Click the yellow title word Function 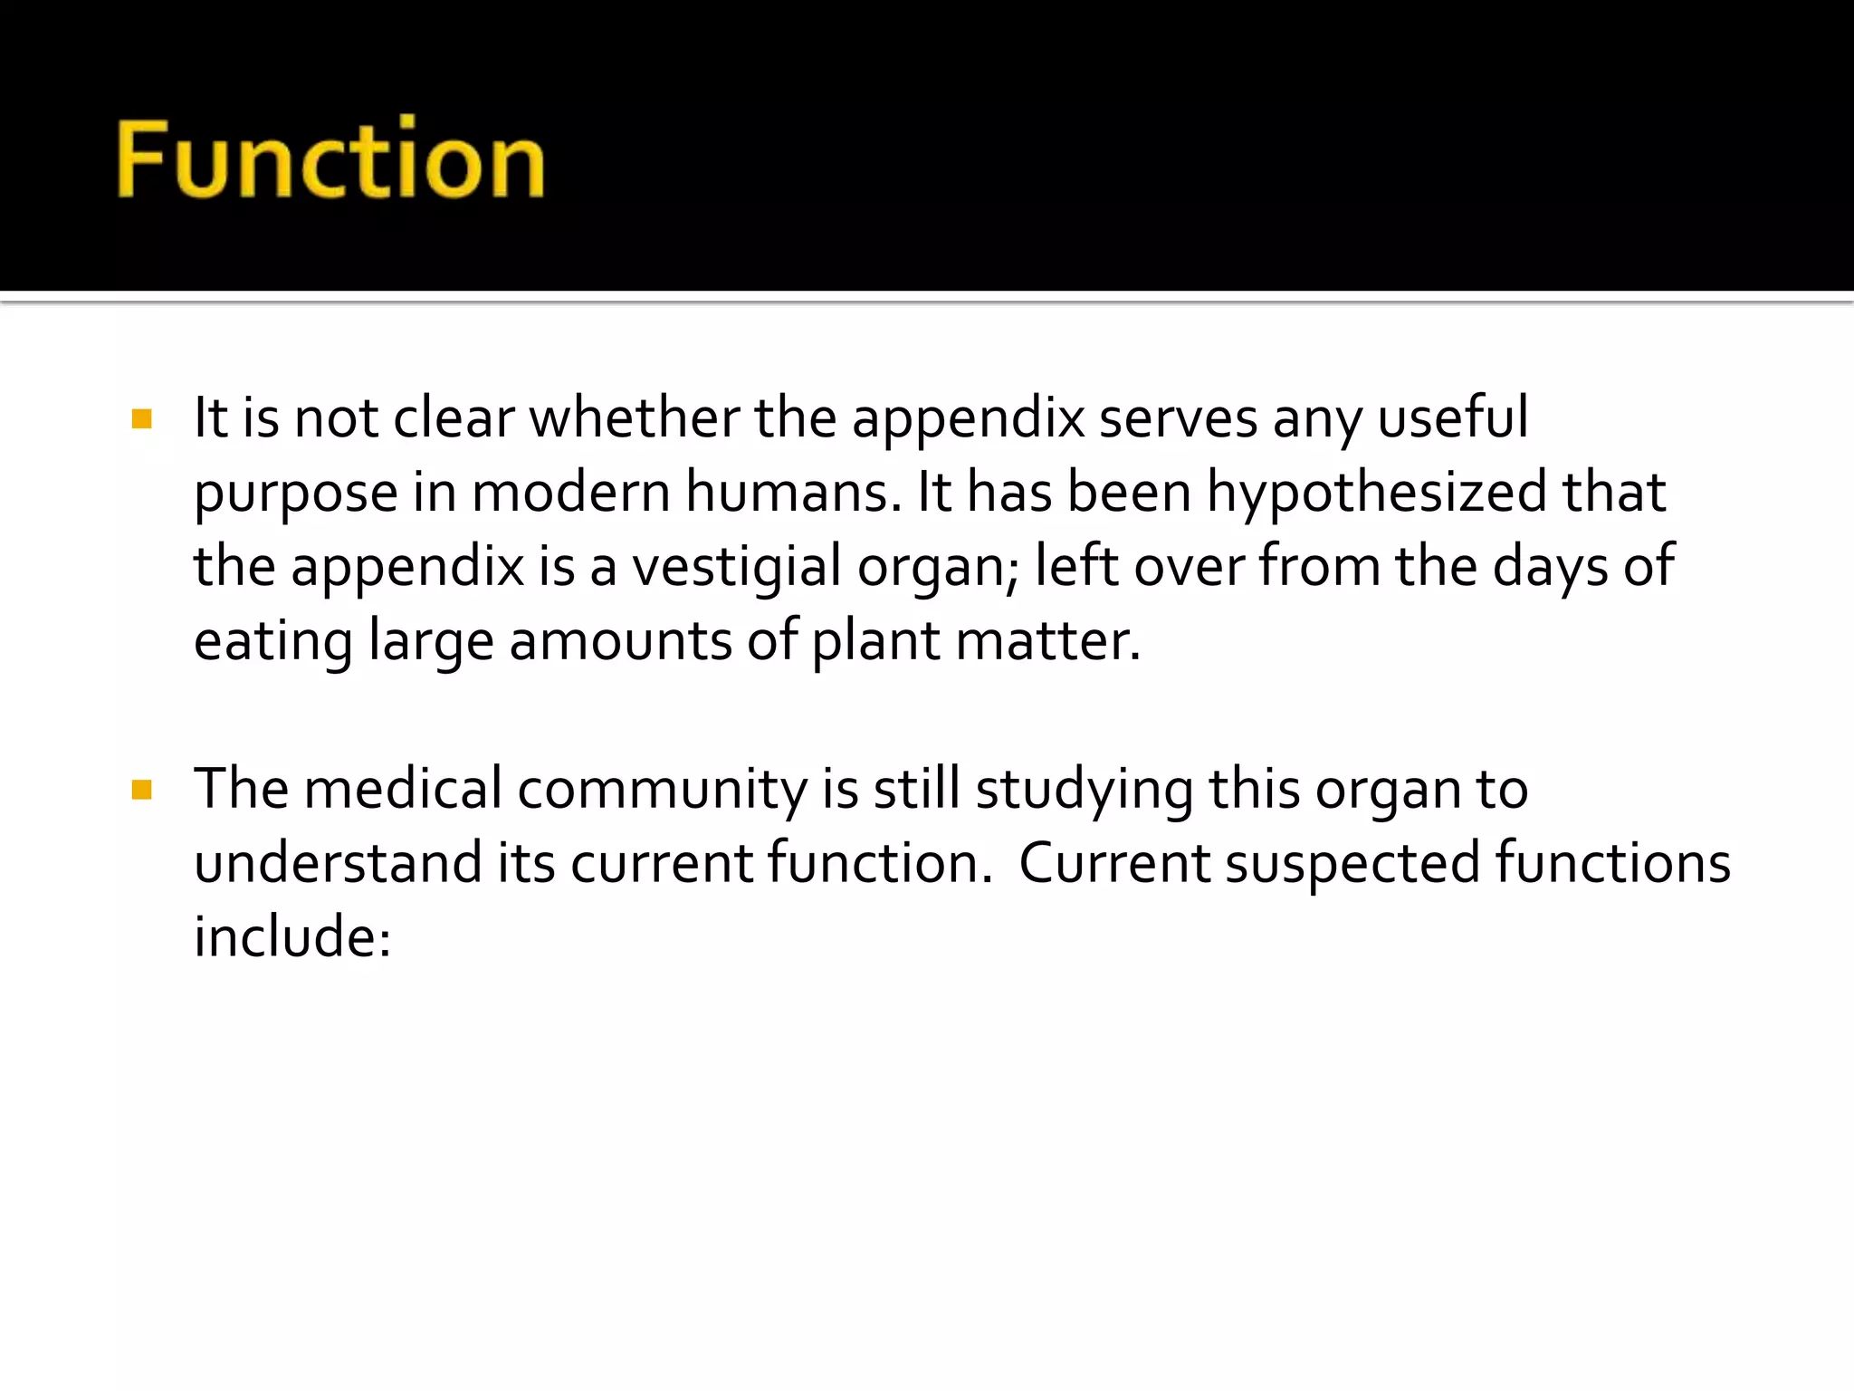tap(330, 160)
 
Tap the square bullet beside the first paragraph tap(142, 418)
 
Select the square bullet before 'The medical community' tap(142, 790)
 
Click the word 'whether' tap(635, 418)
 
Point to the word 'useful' tap(1453, 418)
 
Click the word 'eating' tap(273, 643)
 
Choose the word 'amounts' tap(620, 641)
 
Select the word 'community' tap(662, 790)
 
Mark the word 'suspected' tap(1353, 864)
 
